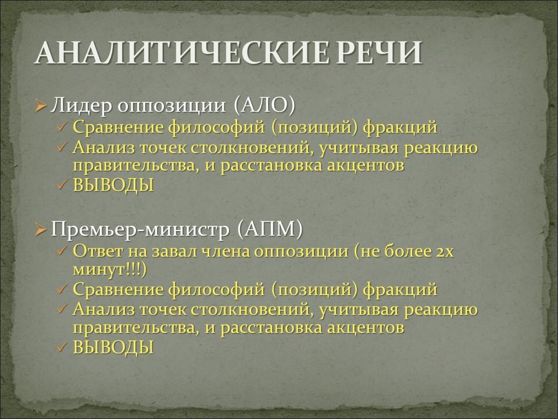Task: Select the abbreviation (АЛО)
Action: (x=265, y=105)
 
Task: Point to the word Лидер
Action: (x=81, y=106)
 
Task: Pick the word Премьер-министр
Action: (x=140, y=229)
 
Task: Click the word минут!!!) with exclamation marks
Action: (x=110, y=269)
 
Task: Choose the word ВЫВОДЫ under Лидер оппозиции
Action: (x=113, y=185)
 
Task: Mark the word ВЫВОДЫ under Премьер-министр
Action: (x=113, y=347)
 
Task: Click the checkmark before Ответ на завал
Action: (x=62, y=251)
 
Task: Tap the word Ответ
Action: (x=97, y=251)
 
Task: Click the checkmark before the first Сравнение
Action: (x=62, y=127)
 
